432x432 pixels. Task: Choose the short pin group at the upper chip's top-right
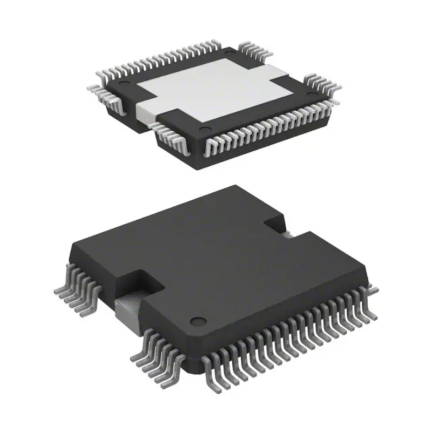(254, 50)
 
